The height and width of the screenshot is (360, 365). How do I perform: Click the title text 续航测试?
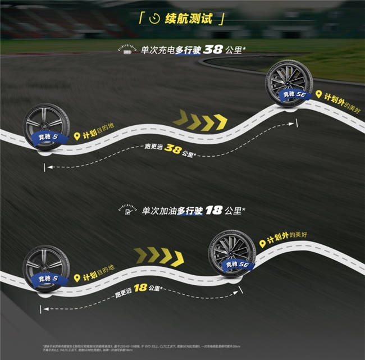pos(189,19)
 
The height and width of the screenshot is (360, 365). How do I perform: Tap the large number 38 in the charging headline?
pos(213,49)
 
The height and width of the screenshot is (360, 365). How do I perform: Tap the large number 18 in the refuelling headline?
pos(213,211)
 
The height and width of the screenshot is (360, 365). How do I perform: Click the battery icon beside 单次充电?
pos(127,51)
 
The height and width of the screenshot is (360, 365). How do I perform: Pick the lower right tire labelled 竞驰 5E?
pos(232,254)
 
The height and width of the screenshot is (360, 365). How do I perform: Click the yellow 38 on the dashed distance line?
pos(174,150)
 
